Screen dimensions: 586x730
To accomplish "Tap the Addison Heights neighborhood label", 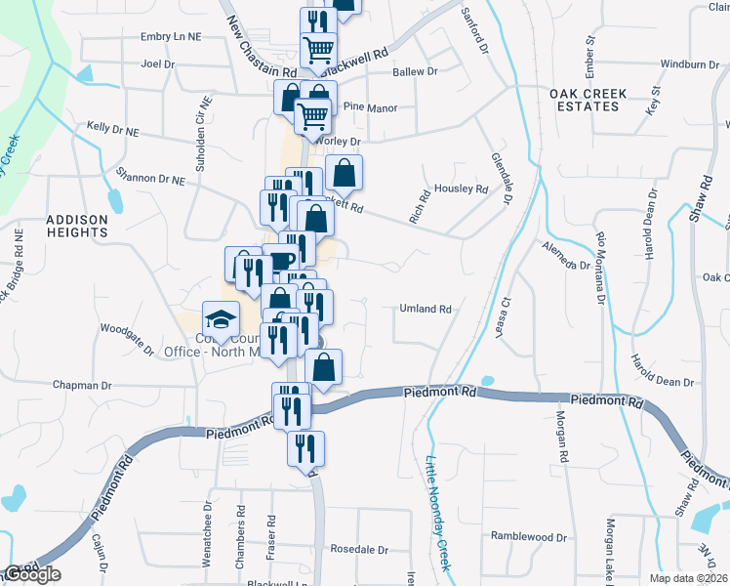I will tap(76, 227).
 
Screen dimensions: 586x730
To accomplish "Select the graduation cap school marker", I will tap(221, 318).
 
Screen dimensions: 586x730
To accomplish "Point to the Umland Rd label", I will tap(426, 309).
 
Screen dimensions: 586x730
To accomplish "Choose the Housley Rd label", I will tap(461, 188).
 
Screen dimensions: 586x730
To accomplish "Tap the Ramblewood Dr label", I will tap(529, 537).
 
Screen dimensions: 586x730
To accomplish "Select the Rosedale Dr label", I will tap(359, 548).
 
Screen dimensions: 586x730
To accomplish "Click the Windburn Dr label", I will tap(690, 64).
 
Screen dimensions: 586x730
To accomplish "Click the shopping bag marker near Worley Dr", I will tap(344, 174).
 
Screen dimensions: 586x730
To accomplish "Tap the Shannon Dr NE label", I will tap(150, 180).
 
